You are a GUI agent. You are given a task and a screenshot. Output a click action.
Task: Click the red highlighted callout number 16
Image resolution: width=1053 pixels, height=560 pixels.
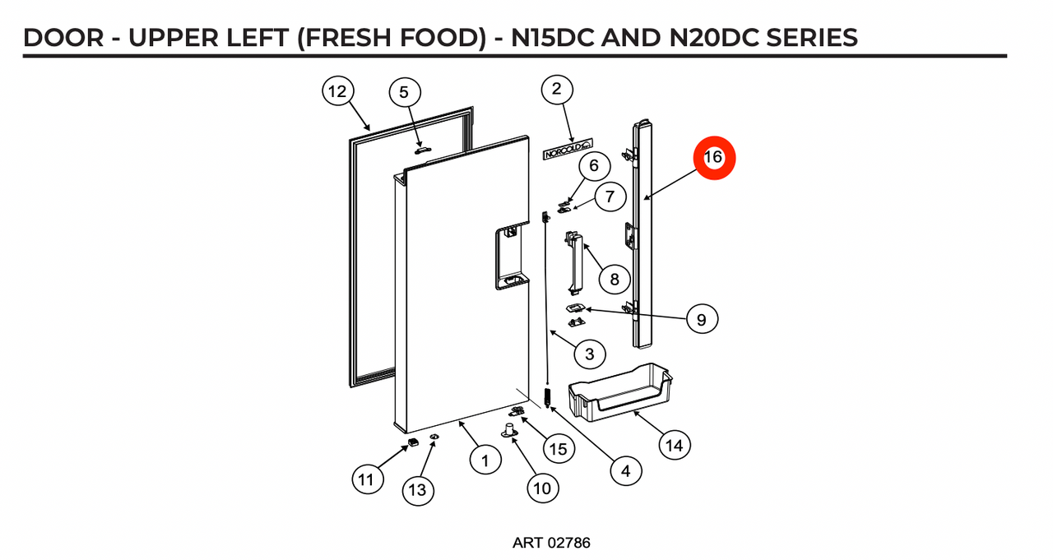[x=713, y=157]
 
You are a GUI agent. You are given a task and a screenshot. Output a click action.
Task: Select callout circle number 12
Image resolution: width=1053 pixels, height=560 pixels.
[x=337, y=92]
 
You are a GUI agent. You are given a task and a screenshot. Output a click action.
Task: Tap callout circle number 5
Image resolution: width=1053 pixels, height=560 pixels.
[x=404, y=92]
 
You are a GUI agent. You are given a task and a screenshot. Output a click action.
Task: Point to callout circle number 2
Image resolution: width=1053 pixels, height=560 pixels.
[x=557, y=90]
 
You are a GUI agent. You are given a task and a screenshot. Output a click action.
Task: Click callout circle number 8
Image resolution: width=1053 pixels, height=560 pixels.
[x=615, y=279]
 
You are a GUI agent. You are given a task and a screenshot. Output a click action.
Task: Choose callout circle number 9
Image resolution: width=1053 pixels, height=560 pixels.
[x=701, y=319]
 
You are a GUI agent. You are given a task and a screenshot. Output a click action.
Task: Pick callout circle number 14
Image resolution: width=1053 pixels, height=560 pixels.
[x=674, y=445]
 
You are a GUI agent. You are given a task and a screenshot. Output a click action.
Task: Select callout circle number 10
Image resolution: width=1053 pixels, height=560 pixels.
[x=541, y=488]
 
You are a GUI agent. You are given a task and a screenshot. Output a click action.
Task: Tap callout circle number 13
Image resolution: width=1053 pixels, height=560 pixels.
[x=418, y=490]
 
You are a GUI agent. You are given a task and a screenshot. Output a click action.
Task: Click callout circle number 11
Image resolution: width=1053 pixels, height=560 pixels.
[x=368, y=478]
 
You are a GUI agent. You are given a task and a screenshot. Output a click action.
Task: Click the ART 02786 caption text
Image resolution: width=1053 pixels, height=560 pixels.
[x=550, y=543]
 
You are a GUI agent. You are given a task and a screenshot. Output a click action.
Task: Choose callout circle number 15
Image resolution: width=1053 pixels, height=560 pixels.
[x=559, y=448]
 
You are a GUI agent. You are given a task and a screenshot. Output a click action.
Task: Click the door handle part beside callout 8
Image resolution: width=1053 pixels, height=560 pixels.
[x=575, y=263]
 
